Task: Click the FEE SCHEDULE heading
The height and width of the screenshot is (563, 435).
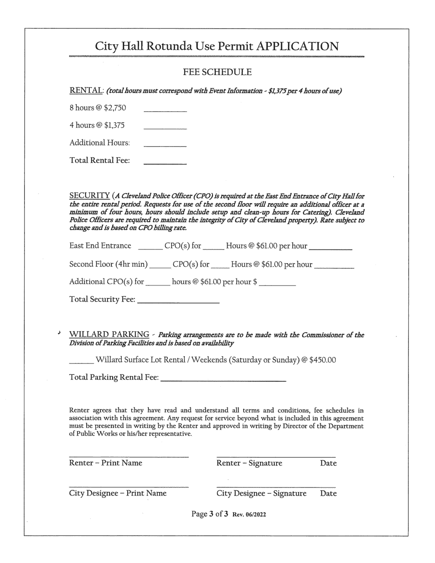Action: click(217, 72)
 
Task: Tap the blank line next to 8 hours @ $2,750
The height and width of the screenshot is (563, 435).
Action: click(165, 110)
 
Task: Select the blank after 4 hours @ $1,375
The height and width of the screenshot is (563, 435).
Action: click(165, 128)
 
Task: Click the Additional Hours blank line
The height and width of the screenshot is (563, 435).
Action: click(165, 145)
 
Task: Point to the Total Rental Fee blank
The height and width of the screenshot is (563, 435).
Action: click(165, 162)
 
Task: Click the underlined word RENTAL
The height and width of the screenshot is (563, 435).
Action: click(86, 91)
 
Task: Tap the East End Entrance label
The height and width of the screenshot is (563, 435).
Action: click(100, 246)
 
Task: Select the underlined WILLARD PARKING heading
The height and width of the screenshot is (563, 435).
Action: click(109, 335)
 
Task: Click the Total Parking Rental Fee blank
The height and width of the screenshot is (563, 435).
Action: click(223, 380)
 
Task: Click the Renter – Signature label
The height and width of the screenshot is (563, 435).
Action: click(249, 463)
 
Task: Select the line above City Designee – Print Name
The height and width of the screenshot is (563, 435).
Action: click(129, 487)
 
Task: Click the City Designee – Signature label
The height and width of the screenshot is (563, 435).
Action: click(261, 493)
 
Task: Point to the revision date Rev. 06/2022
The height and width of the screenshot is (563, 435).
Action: click(249, 514)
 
